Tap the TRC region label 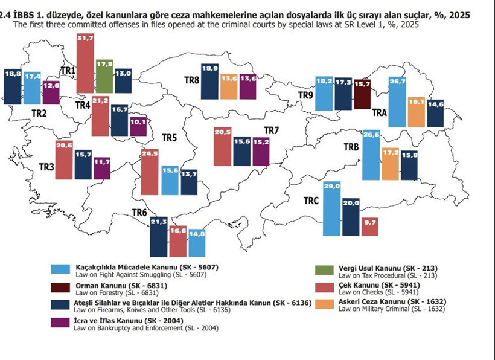pos(311,201)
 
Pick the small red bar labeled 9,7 pos(369,227)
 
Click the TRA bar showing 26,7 pos(397,102)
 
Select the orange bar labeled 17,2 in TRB pos(390,164)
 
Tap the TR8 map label pos(193,80)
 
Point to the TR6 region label pos(139,213)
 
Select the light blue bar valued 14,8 pos(197,242)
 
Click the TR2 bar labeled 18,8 pos(12,87)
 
